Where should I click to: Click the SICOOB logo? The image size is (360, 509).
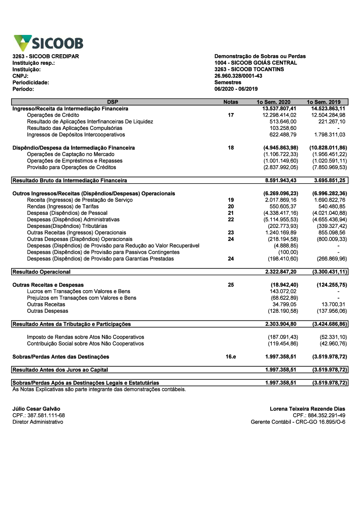[49, 43]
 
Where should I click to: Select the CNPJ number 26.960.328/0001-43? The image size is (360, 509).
[238, 76]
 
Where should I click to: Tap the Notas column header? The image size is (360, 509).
[231, 102]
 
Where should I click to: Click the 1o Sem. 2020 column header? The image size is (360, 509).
[274, 102]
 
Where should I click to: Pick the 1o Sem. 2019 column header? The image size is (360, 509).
[323, 102]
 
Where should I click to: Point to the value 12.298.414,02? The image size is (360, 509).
[279, 115]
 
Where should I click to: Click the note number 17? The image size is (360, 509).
[231, 115]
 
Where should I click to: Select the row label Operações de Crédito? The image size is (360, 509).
[53, 115]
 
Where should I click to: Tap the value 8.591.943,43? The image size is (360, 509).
[281, 180]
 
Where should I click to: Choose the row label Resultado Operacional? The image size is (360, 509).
[41, 272]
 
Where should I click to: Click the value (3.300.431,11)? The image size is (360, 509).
[329, 272]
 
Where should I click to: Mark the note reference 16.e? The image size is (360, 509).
[231, 357]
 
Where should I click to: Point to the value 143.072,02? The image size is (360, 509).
[283, 292]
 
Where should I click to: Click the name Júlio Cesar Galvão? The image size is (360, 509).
[36, 409]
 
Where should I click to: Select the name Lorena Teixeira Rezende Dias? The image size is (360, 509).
[307, 409]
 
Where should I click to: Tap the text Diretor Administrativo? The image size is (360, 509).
[38, 422]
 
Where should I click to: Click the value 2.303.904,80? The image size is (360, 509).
[281, 324]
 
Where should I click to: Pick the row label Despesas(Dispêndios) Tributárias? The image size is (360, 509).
[67, 226]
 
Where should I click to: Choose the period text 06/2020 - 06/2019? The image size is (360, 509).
[236, 89]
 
